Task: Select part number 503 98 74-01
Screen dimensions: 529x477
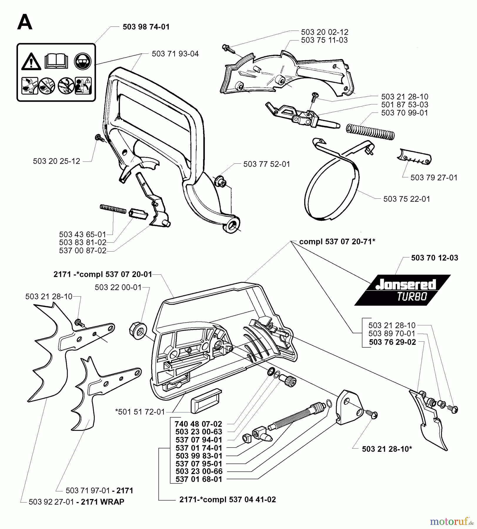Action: point(146,27)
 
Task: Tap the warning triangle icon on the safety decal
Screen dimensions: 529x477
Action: point(31,62)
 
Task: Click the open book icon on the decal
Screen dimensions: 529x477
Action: point(56,61)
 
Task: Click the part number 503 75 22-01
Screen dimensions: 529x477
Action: point(406,199)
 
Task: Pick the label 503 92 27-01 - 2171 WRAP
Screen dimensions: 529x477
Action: point(76,502)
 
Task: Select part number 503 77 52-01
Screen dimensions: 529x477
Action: point(267,164)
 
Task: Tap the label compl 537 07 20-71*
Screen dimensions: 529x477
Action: point(337,241)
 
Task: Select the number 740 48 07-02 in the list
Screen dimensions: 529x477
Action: point(198,424)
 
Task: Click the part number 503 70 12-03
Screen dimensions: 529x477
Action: point(434,258)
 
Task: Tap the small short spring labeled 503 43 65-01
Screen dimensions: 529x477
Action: point(113,209)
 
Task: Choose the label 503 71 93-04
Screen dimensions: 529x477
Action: point(175,54)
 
